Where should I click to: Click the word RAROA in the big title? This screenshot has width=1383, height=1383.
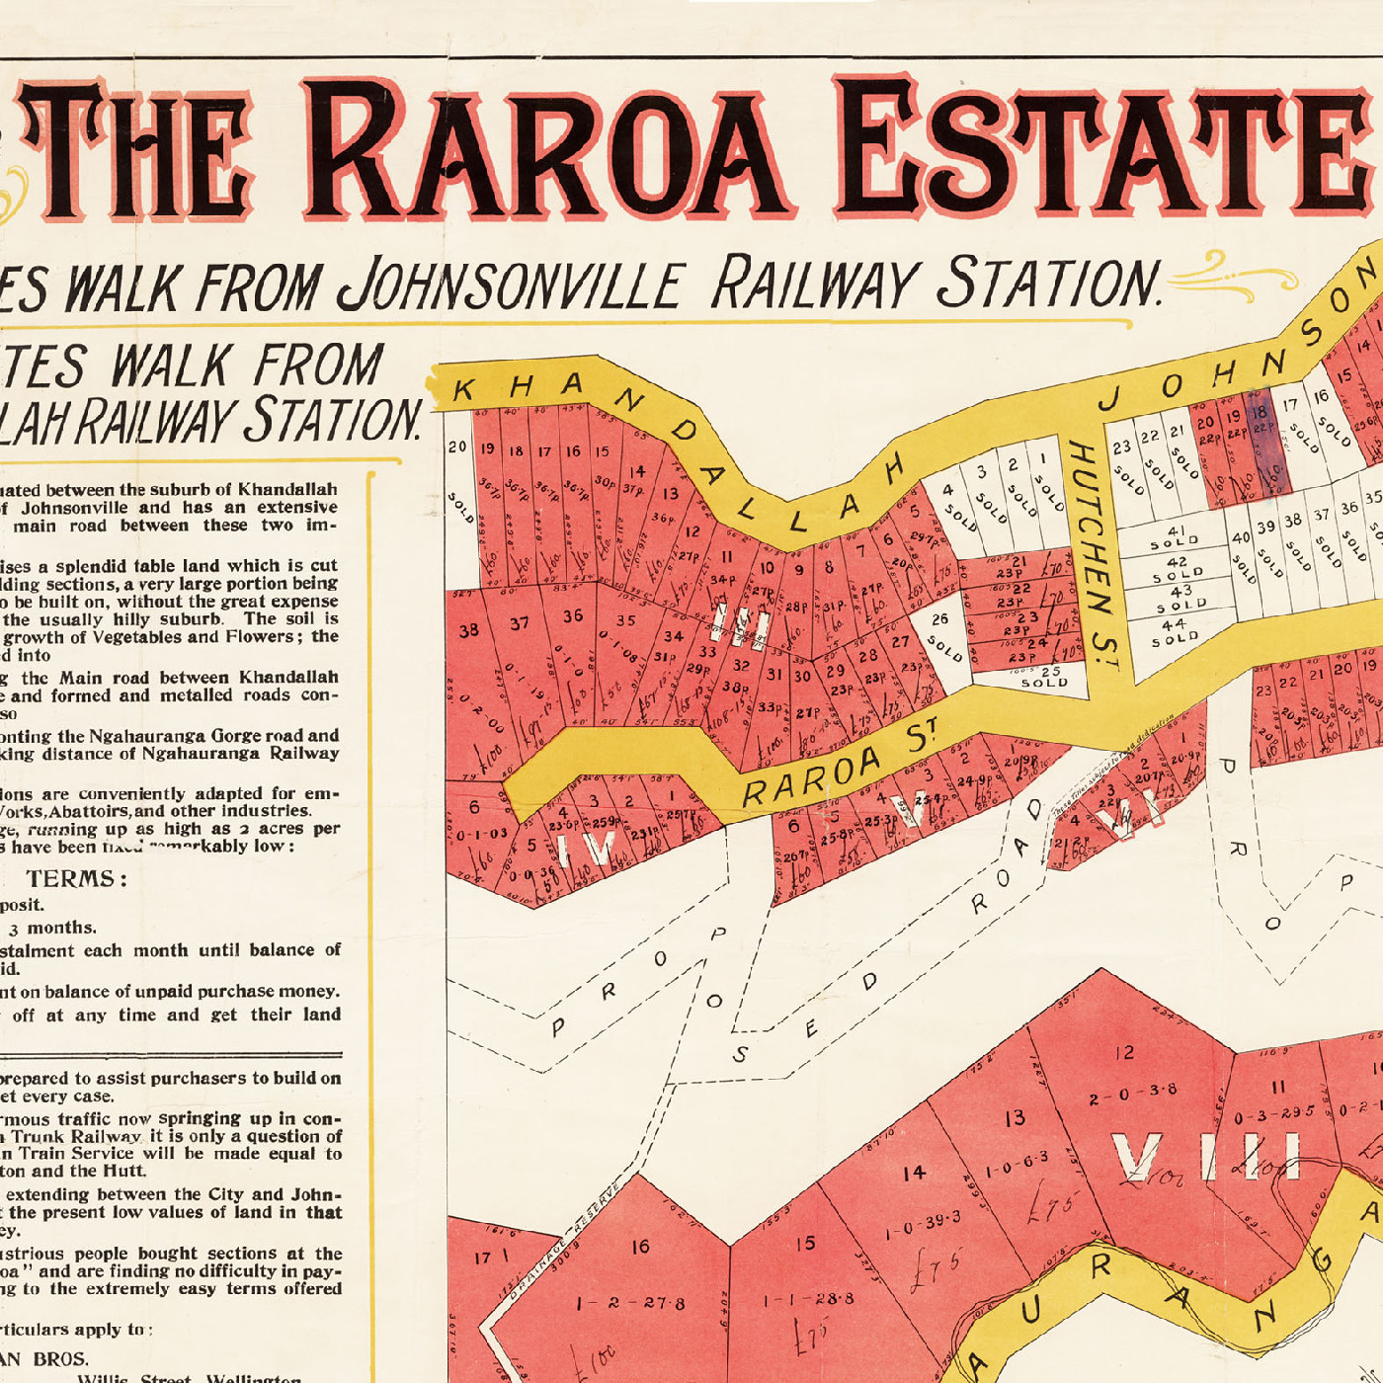[x=548, y=148]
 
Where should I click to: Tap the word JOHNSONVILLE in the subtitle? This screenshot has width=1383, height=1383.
[x=510, y=284]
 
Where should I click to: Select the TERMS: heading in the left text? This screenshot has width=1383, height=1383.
[x=76, y=879]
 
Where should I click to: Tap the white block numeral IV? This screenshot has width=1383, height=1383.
[x=587, y=849]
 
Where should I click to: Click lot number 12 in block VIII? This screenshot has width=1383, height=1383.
[x=1125, y=1053]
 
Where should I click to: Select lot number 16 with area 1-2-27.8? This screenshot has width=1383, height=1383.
[x=640, y=1247]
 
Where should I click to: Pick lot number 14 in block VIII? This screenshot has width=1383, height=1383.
[x=914, y=1173]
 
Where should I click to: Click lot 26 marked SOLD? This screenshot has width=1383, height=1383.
[x=941, y=633]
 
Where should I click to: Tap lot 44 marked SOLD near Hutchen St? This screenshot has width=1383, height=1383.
[x=1175, y=631]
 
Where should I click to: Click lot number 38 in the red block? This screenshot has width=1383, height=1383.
[x=468, y=629]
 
